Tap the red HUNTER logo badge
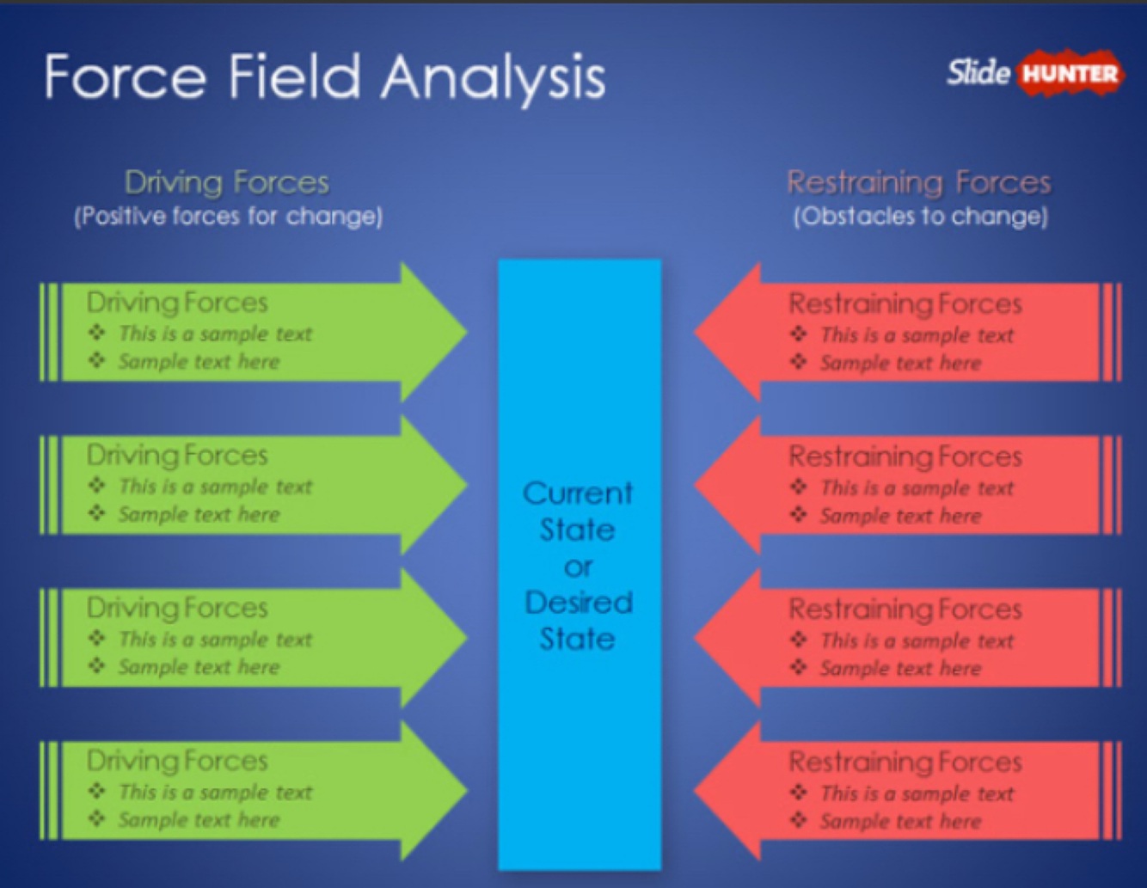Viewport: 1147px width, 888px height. point(1070,74)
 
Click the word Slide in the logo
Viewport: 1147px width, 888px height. point(978,72)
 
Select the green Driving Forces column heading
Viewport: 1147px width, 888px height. point(227,182)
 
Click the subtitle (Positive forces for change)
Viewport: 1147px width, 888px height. point(228,216)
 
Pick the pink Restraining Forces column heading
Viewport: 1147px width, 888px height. point(919,182)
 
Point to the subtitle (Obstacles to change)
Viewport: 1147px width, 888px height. point(920,216)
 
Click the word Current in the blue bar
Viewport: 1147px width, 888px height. point(578,493)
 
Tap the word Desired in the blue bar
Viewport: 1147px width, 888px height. point(579,603)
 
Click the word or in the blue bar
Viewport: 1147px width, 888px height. point(579,567)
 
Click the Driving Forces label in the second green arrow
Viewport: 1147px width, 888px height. point(177,456)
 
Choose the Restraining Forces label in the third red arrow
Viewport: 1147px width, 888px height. point(905,609)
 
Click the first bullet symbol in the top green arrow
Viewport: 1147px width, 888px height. point(97,333)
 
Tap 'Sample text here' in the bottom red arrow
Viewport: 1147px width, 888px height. point(900,822)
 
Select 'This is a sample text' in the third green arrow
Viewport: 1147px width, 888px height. point(215,640)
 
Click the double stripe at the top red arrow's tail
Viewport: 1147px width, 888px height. point(1112,333)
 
